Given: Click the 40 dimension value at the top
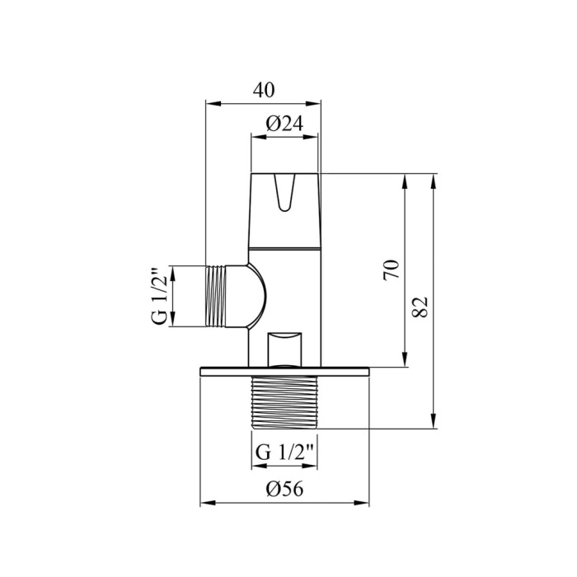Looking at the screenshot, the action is coord(264,90).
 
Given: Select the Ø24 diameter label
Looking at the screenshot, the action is coord(284,124).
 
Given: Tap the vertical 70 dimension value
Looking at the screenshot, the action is coord(392,270).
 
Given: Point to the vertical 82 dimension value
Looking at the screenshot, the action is coord(420,307).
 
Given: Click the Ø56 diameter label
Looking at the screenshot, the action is coord(284,489).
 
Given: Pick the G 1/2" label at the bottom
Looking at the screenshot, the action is coord(284,452).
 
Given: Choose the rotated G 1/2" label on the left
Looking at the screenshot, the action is coord(160,295).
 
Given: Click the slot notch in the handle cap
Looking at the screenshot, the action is coord(284,192).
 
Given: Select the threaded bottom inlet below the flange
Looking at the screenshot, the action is coord(284,402).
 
